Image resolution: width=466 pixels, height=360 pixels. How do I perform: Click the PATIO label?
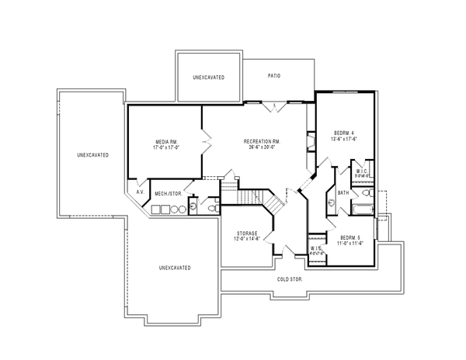[x=273, y=76]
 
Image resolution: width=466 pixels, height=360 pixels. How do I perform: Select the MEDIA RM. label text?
[x=167, y=141]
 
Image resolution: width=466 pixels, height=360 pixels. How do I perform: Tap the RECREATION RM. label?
[x=261, y=141]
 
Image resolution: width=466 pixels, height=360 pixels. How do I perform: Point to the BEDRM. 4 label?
[x=344, y=133]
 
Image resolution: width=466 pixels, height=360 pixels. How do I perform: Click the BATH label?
[x=343, y=192]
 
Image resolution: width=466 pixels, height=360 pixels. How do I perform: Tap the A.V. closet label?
[x=141, y=192]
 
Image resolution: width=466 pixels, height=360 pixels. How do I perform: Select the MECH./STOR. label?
[x=168, y=193]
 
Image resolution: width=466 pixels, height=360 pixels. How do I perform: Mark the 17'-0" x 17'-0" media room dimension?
[x=167, y=147]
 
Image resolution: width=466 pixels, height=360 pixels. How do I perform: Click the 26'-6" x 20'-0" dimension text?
[x=261, y=147]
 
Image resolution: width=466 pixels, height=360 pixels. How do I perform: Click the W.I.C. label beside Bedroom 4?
[x=362, y=171]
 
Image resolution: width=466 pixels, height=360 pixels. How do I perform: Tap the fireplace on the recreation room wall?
[x=311, y=141]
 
